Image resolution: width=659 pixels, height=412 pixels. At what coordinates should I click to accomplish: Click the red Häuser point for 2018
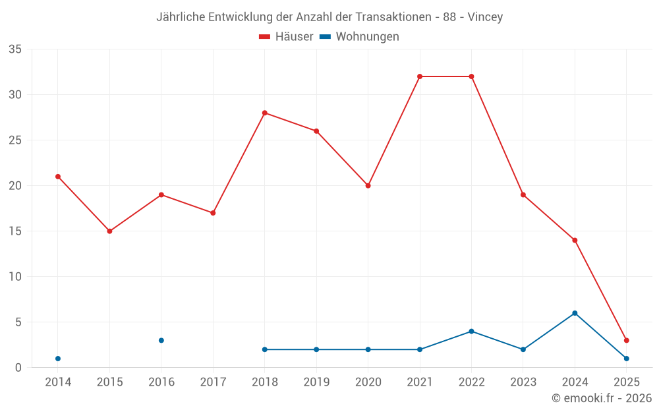click(x=265, y=113)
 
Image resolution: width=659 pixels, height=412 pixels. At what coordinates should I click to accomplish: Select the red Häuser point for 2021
click(x=420, y=76)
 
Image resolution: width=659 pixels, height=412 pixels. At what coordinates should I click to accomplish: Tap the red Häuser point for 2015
click(x=109, y=231)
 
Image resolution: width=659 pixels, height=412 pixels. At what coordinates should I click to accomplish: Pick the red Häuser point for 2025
click(x=627, y=340)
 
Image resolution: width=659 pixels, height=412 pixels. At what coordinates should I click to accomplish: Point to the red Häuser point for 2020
click(x=368, y=186)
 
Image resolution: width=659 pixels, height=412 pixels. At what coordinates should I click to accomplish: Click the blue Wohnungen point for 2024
click(x=575, y=313)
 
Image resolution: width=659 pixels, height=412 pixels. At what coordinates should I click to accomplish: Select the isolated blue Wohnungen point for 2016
click(x=161, y=340)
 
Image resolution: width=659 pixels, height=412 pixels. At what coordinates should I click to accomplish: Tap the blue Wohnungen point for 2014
click(x=58, y=359)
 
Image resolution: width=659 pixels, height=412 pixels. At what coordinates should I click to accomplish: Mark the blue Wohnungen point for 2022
click(x=471, y=331)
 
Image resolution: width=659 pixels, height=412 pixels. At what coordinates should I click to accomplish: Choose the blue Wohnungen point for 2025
click(x=627, y=359)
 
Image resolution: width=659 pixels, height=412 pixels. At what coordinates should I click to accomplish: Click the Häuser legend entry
click(x=286, y=37)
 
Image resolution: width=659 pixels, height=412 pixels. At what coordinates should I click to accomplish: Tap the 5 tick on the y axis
click(x=18, y=322)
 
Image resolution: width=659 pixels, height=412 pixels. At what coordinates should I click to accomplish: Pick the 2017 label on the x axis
click(x=213, y=382)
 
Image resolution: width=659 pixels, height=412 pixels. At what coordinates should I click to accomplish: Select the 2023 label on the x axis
click(x=523, y=382)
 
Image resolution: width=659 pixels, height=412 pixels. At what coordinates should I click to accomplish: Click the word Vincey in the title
click(x=485, y=17)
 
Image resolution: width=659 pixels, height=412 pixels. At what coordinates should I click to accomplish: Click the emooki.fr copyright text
click(x=602, y=398)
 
